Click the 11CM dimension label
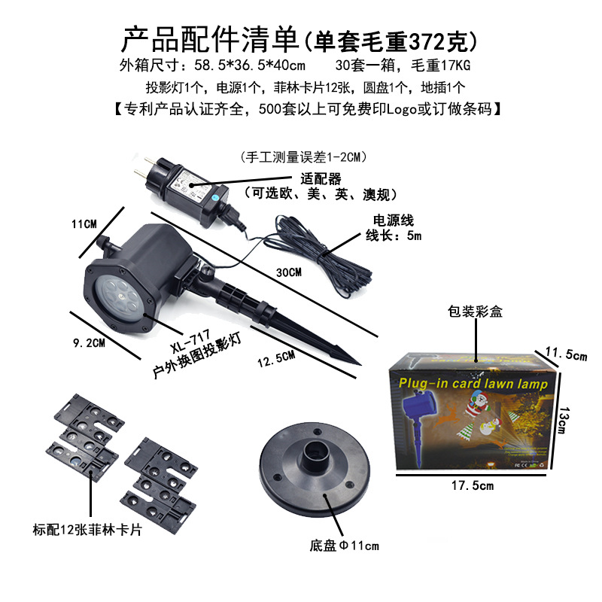point(84,223)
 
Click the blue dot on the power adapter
point(214,190)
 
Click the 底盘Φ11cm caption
point(343,546)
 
